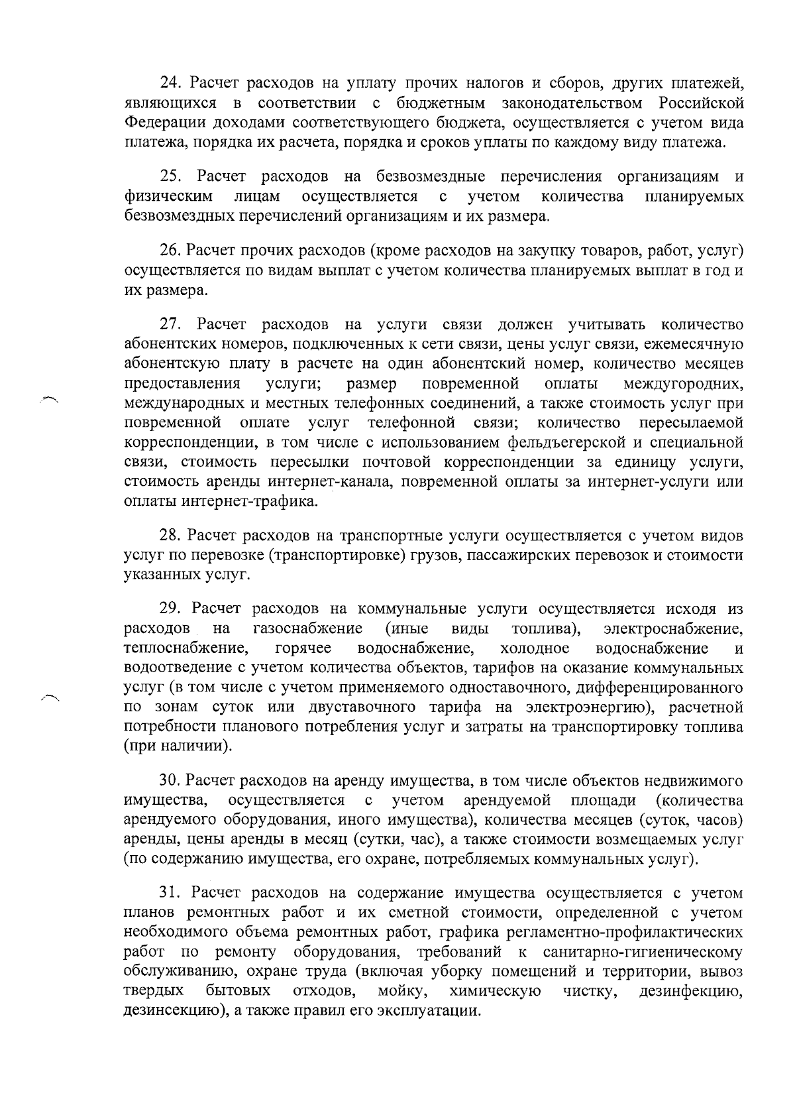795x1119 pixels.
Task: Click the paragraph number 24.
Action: click(170, 84)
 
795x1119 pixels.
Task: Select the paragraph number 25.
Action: click(170, 176)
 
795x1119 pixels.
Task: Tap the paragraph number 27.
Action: click(170, 324)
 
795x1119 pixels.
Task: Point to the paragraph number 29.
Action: click(170, 608)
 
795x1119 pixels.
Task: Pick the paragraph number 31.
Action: click(170, 893)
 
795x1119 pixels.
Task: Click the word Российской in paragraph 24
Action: click(701, 103)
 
